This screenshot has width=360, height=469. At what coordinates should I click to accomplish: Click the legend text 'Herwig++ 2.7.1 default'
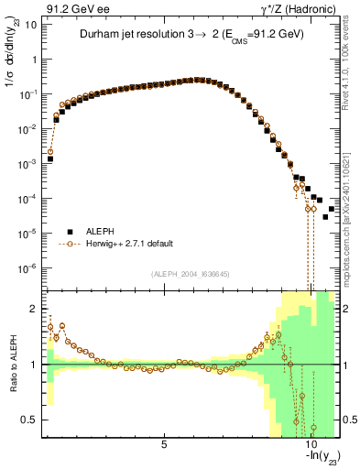coord(128,244)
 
